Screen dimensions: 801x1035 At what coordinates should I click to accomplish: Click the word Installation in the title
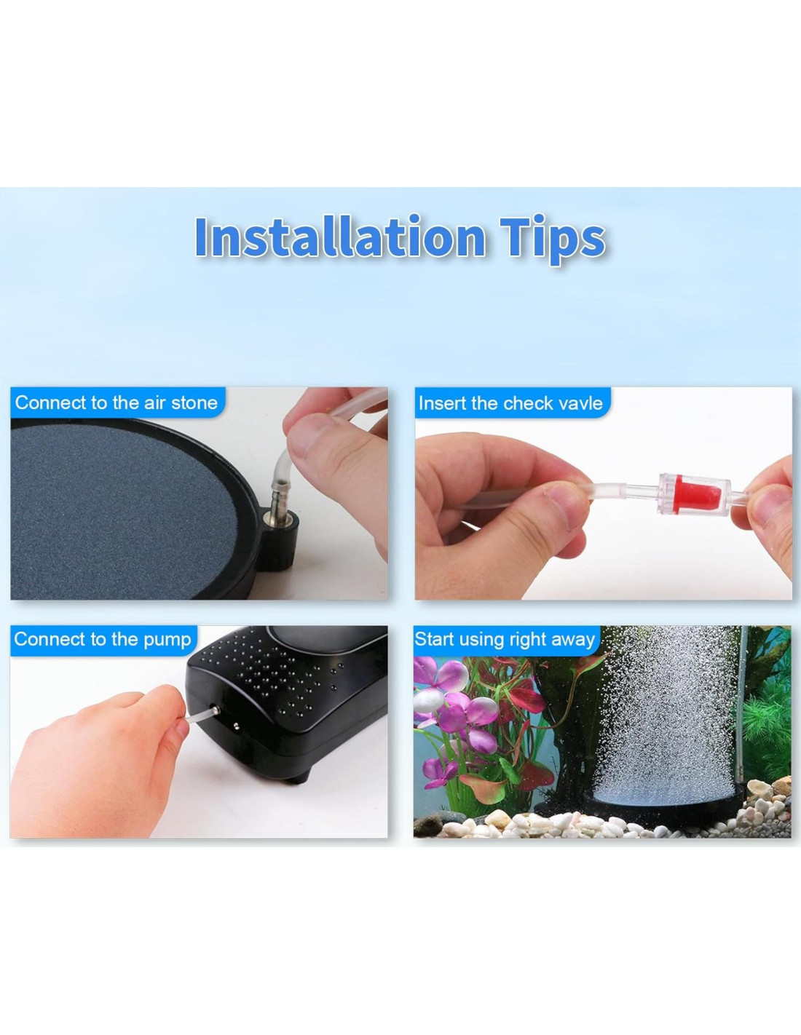click(340, 237)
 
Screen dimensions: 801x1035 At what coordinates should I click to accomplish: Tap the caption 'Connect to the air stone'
click(117, 403)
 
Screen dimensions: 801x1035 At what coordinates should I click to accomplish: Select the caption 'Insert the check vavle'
click(510, 403)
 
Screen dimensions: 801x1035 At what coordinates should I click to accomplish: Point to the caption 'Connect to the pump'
click(103, 639)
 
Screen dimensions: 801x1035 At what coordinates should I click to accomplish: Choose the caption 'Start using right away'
click(505, 639)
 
